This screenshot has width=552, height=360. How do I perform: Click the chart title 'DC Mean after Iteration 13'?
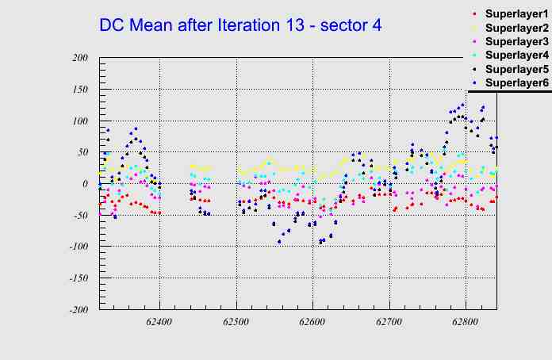(240, 25)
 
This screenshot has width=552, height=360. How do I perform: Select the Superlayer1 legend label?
(516, 14)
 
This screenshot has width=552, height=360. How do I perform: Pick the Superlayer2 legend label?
(516, 28)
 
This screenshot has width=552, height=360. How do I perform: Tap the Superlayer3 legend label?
(516, 41)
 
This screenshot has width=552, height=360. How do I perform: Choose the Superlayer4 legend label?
(516, 55)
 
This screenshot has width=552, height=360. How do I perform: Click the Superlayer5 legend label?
(516, 69)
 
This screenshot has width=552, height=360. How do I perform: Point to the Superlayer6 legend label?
(516, 82)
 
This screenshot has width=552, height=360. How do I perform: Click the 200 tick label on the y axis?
(79, 58)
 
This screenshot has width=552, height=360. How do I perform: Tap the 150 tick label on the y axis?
(79, 90)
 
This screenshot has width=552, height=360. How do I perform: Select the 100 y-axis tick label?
(79, 121)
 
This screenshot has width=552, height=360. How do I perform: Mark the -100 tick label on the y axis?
(77, 247)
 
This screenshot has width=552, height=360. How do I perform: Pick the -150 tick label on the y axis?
(77, 279)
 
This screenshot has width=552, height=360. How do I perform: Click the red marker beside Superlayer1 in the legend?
(474, 14)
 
